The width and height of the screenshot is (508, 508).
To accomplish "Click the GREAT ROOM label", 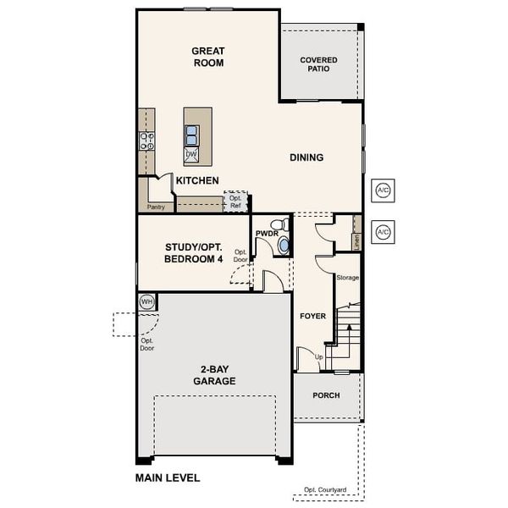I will click(x=207, y=57).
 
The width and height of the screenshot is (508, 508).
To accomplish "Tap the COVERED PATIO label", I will click(x=319, y=65).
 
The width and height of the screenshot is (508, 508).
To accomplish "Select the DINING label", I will click(x=306, y=157).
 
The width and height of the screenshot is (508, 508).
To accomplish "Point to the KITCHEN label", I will click(x=197, y=180).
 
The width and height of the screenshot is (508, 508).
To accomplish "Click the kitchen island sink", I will click(x=192, y=134).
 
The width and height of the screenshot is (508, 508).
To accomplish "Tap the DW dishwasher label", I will click(x=191, y=154).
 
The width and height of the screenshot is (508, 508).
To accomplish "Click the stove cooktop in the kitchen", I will click(x=146, y=141).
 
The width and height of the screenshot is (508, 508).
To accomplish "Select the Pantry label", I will click(x=155, y=206).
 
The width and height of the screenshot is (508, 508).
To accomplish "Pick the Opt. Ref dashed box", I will click(x=235, y=202).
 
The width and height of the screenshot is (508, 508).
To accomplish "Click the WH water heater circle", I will click(x=146, y=301).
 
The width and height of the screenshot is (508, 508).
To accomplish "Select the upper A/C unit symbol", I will click(x=383, y=190).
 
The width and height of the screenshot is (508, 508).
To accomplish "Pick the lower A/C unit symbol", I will click(x=383, y=231).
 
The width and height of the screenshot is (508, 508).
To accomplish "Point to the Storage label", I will click(x=347, y=278).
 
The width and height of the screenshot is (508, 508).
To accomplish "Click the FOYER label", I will click(x=312, y=316).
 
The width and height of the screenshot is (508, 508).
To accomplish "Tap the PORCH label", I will click(x=326, y=395).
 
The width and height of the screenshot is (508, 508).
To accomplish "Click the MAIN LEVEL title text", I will click(x=168, y=478).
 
